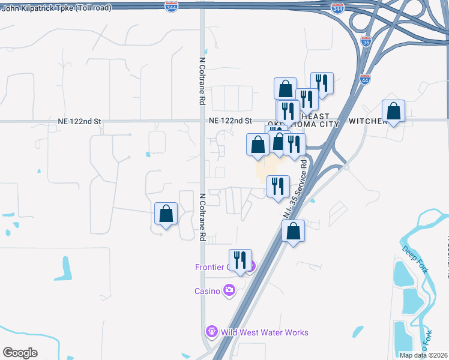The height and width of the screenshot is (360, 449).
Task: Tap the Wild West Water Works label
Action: (265, 332)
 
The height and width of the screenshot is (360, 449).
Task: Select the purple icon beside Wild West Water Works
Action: (211, 331)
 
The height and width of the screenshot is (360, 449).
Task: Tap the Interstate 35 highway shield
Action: (366, 42)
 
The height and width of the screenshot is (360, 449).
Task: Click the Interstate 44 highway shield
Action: (365, 79)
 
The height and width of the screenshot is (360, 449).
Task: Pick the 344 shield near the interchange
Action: (338, 9)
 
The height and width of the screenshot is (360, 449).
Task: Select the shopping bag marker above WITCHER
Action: (393, 112)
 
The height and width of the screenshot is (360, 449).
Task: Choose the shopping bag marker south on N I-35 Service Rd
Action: (293, 232)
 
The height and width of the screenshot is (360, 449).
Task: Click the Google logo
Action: (20, 353)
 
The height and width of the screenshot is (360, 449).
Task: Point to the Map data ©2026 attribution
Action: (423, 355)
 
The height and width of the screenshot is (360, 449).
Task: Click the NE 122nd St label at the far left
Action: (80, 121)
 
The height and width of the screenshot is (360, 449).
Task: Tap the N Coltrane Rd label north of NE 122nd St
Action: (202, 81)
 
